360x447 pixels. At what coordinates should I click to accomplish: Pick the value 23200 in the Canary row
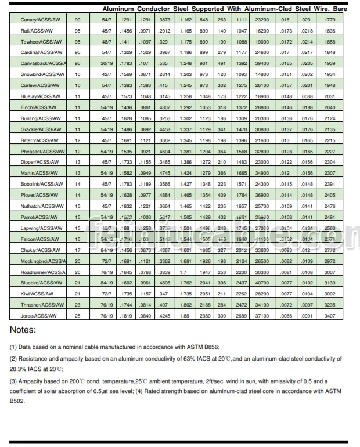(262, 20)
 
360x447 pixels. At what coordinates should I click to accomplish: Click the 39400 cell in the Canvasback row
(262, 63)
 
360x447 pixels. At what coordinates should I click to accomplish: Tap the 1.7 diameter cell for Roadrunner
(185, 272)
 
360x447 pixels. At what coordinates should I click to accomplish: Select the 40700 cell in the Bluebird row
(262, 283)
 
